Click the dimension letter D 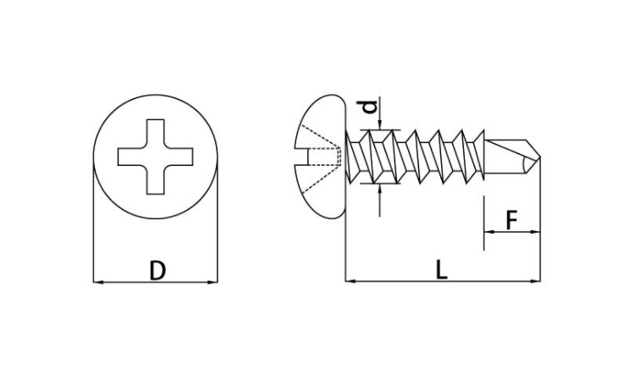point(157,270)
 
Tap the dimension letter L point(441,269)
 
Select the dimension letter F point(512,220)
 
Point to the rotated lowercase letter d point(368,106)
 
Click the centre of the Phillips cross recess point(156,157)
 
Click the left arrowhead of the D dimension point(98,282)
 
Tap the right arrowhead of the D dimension point(213,282)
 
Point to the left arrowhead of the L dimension point(351,280)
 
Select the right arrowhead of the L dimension point(535,280)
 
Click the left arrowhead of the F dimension point(489,232)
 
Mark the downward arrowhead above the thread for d point(380,124)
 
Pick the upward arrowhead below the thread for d point(380,189)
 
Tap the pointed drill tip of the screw point(540,157)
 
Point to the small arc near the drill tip point(523,165)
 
